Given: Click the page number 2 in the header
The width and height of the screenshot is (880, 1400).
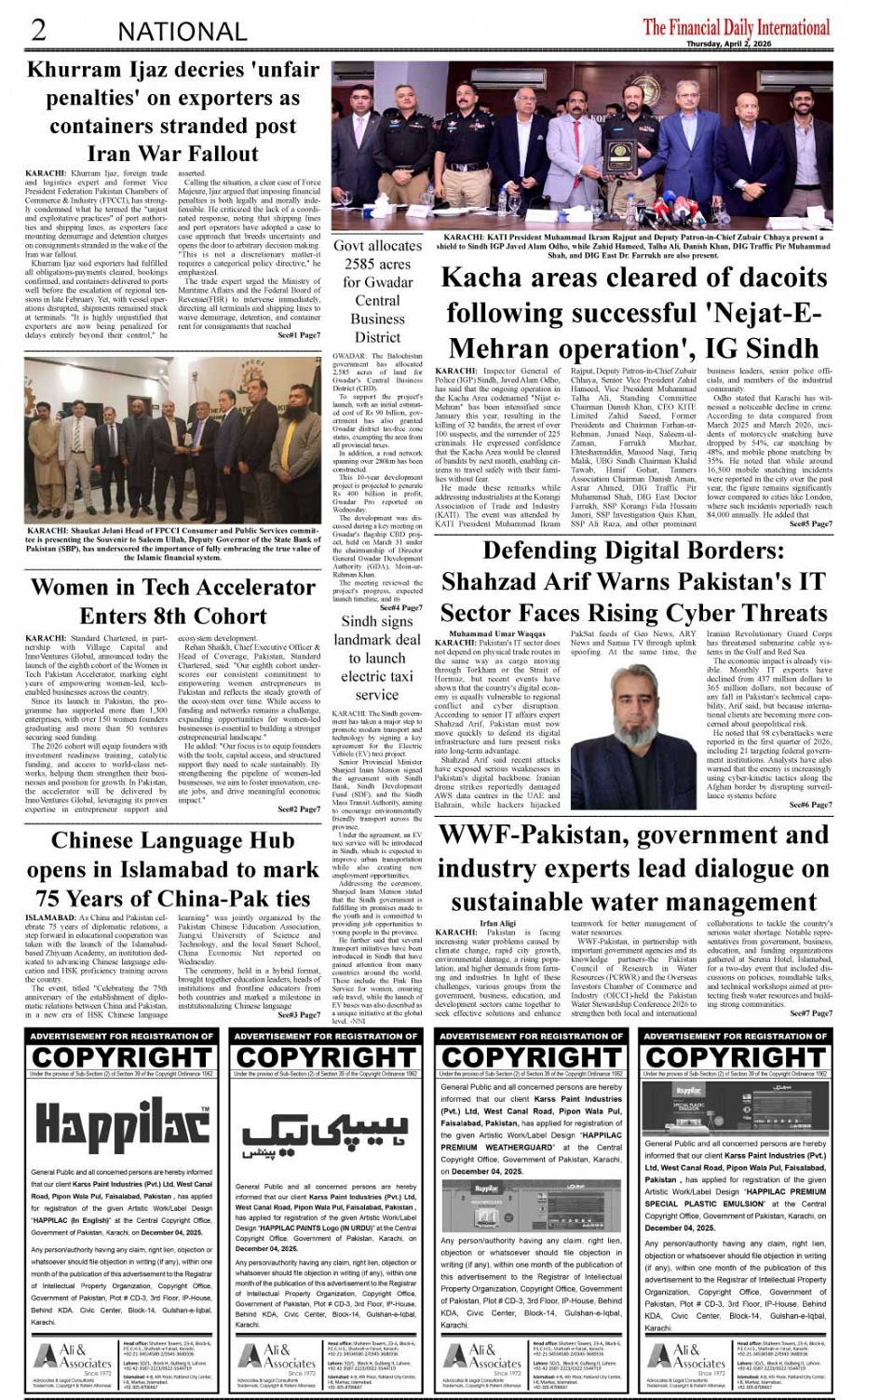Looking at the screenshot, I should coord(38,30).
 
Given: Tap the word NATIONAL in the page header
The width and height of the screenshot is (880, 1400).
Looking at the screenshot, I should coord(182,32).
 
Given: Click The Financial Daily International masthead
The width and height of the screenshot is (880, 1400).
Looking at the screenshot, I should coord(736,26).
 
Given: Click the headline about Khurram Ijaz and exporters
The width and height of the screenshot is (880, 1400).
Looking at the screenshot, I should coord(172,112).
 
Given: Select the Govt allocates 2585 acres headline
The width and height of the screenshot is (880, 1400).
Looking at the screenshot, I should coord(377,292).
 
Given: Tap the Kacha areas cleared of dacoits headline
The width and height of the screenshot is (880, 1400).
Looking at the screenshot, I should coord(633,312).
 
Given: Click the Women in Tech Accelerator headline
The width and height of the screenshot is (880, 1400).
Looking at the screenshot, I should coord(172,602).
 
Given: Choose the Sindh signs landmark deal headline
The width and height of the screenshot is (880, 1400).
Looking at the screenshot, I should coord(377,658).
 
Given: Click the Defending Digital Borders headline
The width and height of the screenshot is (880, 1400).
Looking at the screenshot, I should coord(633,581).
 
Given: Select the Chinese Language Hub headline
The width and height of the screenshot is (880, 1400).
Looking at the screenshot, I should coord(172,869).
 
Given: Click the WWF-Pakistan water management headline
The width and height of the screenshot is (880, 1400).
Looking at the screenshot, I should coord(633,868).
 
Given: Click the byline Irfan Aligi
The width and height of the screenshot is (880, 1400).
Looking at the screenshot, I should coord(497,923).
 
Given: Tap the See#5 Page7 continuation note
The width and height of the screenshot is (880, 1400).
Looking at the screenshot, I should coord(810,523).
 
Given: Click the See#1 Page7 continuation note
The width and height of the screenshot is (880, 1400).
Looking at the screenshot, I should coord(298,335).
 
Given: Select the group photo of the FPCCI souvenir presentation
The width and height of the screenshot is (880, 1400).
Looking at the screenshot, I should coord(172,439).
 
